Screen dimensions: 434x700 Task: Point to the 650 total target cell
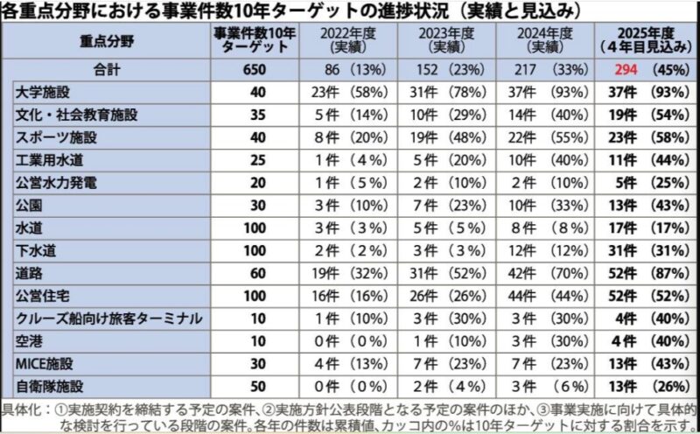(x=254, y=70)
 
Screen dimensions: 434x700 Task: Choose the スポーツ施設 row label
(x=50, y=137)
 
